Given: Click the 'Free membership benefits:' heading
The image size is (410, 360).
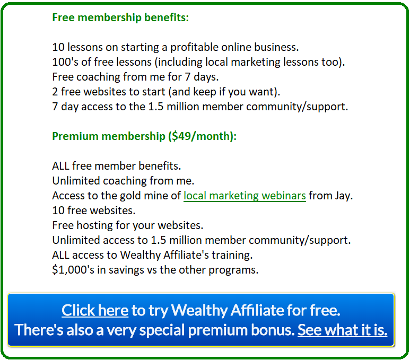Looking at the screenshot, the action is [x=120, y=18].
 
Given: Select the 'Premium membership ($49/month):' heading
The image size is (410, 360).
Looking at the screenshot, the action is [x=144, y=136].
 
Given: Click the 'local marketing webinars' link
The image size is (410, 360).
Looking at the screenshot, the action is [x=245, y=196].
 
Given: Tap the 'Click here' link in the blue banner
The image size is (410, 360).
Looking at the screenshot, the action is [x=95, y=310].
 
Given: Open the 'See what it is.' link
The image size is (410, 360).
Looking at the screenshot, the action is [x=342, y=330].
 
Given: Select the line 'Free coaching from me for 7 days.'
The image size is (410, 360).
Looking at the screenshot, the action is [x=135, y=77].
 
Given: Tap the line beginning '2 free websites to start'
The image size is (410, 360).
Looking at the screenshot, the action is [x=166, y=92].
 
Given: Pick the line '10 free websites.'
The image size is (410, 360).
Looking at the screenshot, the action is [x=93, y=210].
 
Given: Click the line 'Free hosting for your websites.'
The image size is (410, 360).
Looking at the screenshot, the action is [x=128, y=226].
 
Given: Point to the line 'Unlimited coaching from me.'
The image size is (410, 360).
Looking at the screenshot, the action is [x=123, y=181].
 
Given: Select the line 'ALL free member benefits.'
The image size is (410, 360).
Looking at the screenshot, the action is [x=116, y=166].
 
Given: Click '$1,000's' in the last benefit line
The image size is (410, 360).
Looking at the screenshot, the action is [x=73, y=270].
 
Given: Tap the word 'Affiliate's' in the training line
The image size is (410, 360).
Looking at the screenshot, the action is [x=186, y=255].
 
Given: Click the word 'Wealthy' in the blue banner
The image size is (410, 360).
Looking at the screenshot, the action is [x=199, y=311].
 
